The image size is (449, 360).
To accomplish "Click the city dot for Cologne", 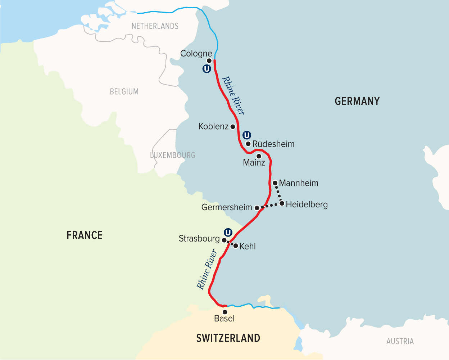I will (209, 61).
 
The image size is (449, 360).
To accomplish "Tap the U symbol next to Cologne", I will (207, 69).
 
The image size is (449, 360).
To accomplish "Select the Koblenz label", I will (213, 126).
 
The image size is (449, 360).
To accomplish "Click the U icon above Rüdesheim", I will (246, 135).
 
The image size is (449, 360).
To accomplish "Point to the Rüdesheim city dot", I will (248, 144).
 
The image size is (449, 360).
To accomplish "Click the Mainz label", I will (254, 162).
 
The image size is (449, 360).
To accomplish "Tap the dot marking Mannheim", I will (275, 183).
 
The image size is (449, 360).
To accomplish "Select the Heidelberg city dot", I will (282, 204).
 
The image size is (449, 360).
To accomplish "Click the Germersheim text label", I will (227, 207).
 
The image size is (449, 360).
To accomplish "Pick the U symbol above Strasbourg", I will (228, 232).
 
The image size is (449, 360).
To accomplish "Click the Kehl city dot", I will (236, 246).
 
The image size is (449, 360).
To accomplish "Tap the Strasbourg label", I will (199, 239).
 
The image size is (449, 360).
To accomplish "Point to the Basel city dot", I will (225, 312).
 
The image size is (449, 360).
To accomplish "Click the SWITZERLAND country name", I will (228, 338).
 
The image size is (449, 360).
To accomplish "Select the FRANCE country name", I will (85, 235).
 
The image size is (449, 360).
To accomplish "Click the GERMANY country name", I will (357, 101).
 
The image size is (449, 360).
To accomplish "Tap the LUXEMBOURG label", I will (173, 155).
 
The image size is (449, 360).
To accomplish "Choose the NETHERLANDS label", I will (155, 26).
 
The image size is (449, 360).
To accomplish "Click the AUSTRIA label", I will (400, 341).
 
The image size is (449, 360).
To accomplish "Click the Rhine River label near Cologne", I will (233, 95).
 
